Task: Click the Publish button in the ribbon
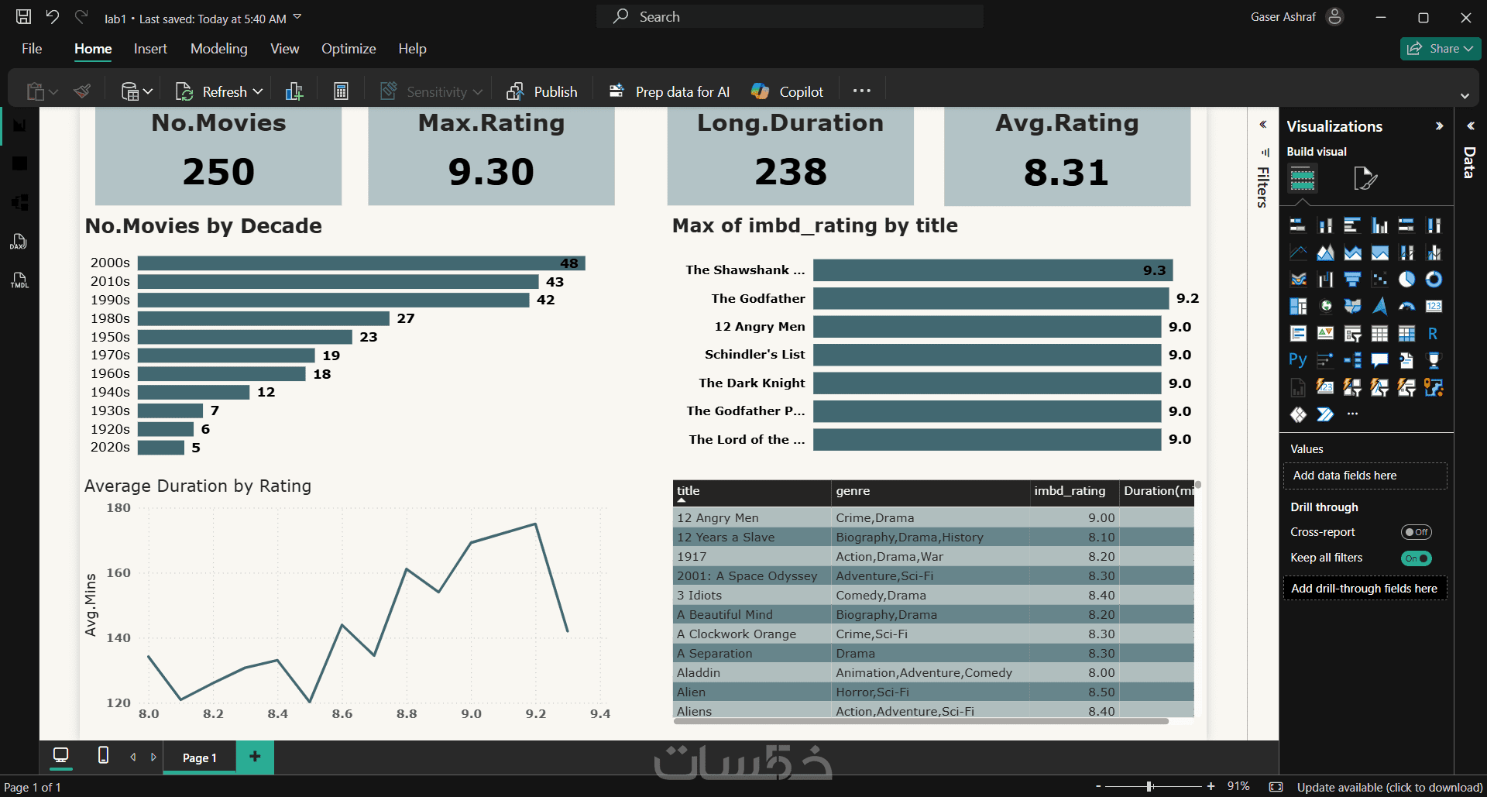[x=542, y=91]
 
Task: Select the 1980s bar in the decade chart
[x=263, y=318]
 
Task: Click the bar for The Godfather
[x=991, y=298]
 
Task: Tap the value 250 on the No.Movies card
[x=218, y=171]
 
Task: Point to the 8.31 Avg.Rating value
[x=1066, y=172]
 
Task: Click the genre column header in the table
[x=853, y=491]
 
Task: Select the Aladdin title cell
[x=699, y=673]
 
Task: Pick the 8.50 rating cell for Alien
[x=1101, y=692]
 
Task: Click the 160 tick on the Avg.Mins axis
[x=118, y=573]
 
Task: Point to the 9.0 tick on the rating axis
[x=472, y=714]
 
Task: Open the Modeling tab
[x=219, y=49]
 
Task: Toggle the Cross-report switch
[x=1416, y=532]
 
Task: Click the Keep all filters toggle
[x=1416, y=558]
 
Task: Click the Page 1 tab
[x=199, y=757]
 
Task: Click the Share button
[x=1441, y=49]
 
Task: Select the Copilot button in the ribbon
[x=787, y=91]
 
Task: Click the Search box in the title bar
[x=790, y=16]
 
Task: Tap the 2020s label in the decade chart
[x=110, y=448]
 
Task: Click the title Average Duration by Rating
[x=197, y=486]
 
